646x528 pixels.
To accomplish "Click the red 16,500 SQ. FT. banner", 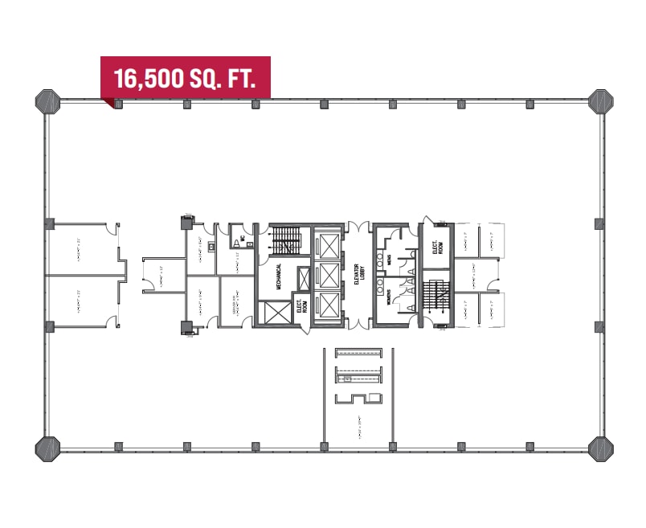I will [x=185, y=77].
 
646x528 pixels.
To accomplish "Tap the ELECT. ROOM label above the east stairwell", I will [x=438, y=248].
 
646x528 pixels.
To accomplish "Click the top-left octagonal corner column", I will [x=47, y=103].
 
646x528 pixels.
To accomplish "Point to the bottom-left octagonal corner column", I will [x=47, y=447].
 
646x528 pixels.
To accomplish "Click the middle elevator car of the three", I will [x=328, y=275].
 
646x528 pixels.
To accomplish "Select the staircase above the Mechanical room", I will [x=287, y=239].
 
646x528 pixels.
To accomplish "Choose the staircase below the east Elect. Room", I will [x=439, y=297].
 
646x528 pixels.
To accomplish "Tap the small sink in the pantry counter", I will [x=348, y=378].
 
